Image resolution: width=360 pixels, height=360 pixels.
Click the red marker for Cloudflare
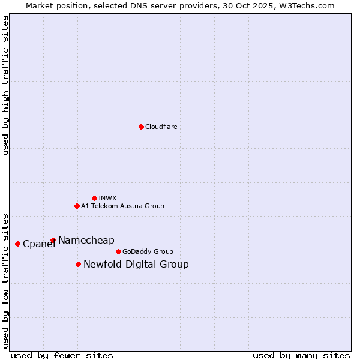[x=141, y=127]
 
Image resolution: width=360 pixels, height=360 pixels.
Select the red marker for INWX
[x=94, y=198]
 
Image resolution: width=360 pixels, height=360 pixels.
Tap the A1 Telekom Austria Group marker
[x=77, y=206]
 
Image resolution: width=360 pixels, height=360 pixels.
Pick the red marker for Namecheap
[x=53, y=240]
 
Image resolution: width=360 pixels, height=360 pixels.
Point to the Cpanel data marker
[x=17, y=244]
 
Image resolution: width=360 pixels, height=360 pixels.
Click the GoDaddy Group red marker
[x=118, y=251]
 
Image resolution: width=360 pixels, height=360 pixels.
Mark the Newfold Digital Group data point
[x=78, y=264]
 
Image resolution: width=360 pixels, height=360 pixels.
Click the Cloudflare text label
[x=161, y=127]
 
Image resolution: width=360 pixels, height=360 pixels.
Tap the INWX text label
[x=107, y=198]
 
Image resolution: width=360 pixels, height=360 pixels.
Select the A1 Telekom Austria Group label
[x=122, y=206]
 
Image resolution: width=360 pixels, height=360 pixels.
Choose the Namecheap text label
[x=86, y=240]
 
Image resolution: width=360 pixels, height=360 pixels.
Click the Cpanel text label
[x=39, y=244]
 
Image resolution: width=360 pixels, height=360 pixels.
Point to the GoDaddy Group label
[x=148, y=251]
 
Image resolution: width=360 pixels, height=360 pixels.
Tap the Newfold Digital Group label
[x=136, y=264]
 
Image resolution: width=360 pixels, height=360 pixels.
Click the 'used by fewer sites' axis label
[x=62, y=355]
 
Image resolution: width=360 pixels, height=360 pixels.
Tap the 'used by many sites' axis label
[x=301, y=355]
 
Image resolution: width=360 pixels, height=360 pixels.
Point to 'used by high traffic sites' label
[x=5, y=85]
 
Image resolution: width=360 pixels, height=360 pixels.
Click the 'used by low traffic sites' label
[x=5, y=280]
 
